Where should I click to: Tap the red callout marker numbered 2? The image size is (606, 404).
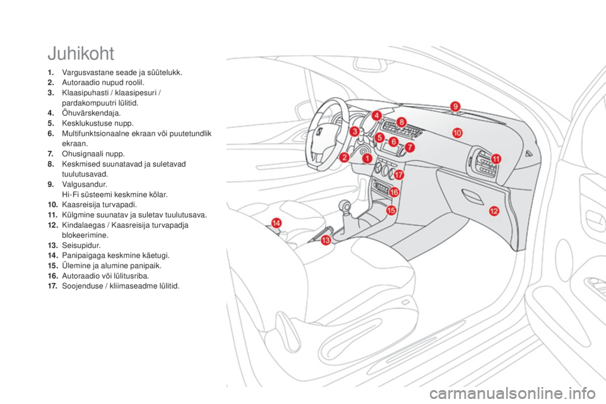[345, 157]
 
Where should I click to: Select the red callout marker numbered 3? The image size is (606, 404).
[355, 131]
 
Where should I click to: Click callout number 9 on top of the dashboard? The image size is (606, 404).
[455, 106]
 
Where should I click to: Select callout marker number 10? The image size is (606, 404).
[456, 132]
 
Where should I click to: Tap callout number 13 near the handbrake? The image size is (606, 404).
[326, 241]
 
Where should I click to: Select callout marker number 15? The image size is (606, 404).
[391, 210]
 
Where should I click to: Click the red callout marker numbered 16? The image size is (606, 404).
[394, 191]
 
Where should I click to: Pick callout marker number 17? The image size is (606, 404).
[399, 173]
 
